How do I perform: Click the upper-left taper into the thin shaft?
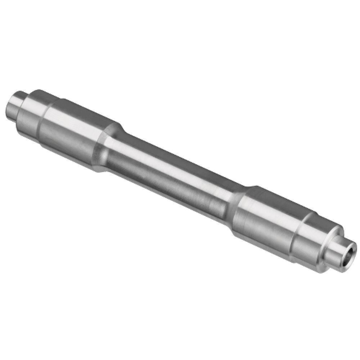(x=108, y=148)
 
